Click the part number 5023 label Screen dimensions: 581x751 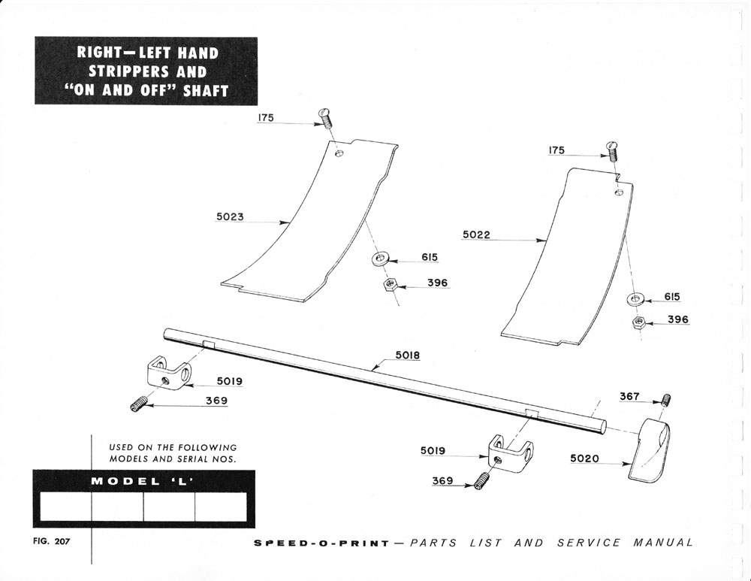click(230, 216)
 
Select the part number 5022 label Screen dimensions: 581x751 click(476, 235)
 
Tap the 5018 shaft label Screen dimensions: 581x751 click(408, 355)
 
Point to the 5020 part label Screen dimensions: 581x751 click(585, 458)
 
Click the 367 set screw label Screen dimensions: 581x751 click(629, 396)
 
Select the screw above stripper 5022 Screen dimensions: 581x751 click(611, 150)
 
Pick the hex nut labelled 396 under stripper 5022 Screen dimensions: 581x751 click(638, 324)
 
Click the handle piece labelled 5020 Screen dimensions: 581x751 click(651, 450)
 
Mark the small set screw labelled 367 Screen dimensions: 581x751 click(665, 399)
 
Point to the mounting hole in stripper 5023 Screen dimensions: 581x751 click(340, 153)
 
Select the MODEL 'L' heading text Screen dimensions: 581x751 click(143, 481)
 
